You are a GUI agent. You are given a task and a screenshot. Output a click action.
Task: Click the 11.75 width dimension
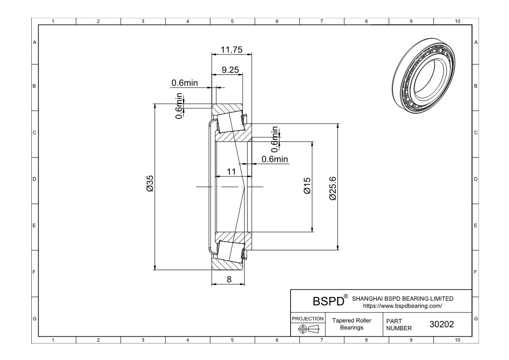click(x=231, y=50)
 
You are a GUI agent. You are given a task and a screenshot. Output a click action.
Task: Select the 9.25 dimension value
click(x=230, y=70)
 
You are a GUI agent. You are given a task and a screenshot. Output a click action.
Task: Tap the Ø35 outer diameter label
click(x=150, y=184)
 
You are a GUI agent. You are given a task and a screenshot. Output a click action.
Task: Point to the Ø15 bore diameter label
click(x=307, y=186)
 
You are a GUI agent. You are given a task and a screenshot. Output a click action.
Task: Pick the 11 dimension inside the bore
click(x=231, y=172)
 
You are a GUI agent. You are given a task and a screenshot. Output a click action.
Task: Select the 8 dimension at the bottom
click(x=229, y=279)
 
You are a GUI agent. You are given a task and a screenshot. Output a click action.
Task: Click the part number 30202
click(x=442, y=324)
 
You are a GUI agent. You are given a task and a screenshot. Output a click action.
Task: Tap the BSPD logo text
click(x=328, y=301)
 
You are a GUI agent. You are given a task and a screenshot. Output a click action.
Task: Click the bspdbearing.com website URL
click(x=402, y=306)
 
